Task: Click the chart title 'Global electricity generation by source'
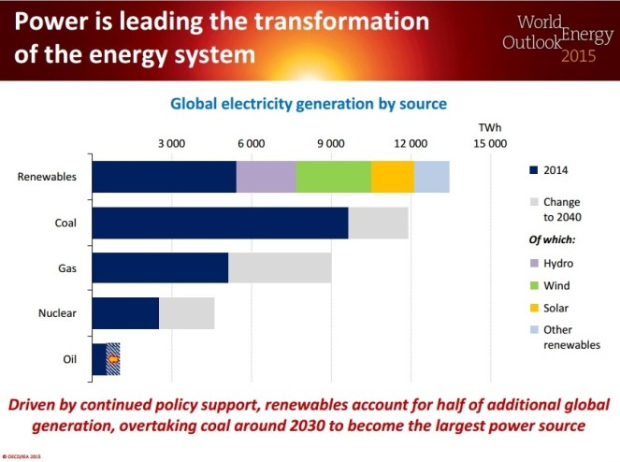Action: [308, 103]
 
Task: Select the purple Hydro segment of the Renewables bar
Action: [266, 177]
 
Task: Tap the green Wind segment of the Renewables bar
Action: [333, 177]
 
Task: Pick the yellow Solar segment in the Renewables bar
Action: [392, 177]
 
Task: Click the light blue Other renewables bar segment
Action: [431, 177]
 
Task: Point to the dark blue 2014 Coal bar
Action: [220, 223]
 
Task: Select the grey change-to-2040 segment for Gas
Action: [280, 268]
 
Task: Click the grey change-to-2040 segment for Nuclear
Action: [187, 313]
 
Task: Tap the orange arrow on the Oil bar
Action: [113, 359]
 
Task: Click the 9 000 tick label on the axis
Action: [331, 143]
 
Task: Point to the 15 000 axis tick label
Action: [490, 143]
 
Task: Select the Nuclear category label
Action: [58, 313]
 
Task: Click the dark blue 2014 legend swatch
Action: [533, 170]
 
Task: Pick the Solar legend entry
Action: [558, 308]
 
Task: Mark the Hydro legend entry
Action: [558, 264]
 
